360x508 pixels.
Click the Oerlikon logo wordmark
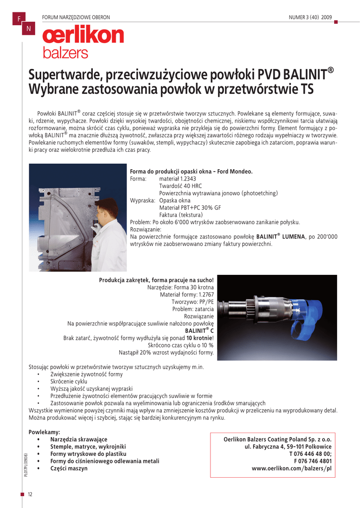point(83,35)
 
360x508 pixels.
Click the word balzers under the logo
point(65,53)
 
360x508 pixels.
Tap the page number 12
point(30,494)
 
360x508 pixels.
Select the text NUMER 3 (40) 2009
point(310,18)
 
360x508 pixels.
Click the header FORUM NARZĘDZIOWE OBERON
point(76,18)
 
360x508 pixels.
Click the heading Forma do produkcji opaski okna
point(191,171)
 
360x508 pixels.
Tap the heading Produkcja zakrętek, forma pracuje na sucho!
point(156,280)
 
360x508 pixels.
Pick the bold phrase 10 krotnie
point(199,338)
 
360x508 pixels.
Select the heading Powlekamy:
point(44,432)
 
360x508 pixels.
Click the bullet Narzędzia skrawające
point(78,440)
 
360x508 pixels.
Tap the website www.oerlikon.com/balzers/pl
point(291,468)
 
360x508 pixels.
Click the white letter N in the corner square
point(28,29)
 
